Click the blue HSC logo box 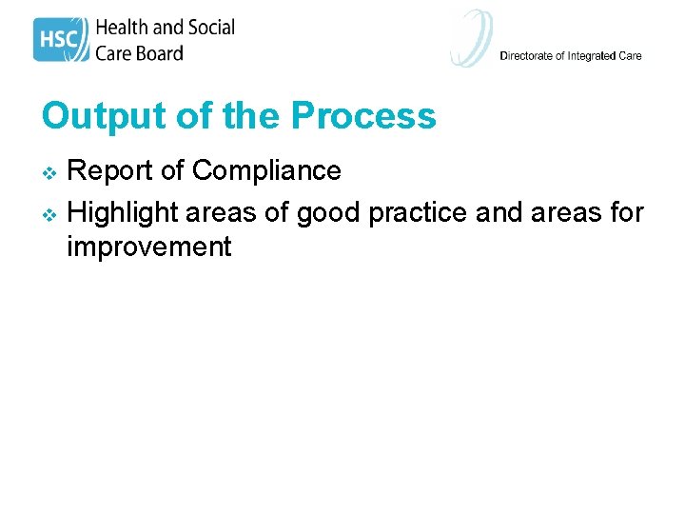61,40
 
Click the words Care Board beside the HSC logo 139,52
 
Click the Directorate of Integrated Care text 571,55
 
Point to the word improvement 148,247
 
